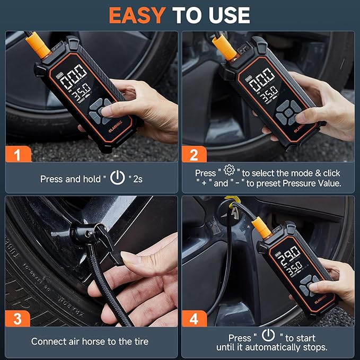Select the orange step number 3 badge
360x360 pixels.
coord(19,319)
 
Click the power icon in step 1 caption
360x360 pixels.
coord(117,178)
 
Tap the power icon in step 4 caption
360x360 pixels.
coord(269,336)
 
